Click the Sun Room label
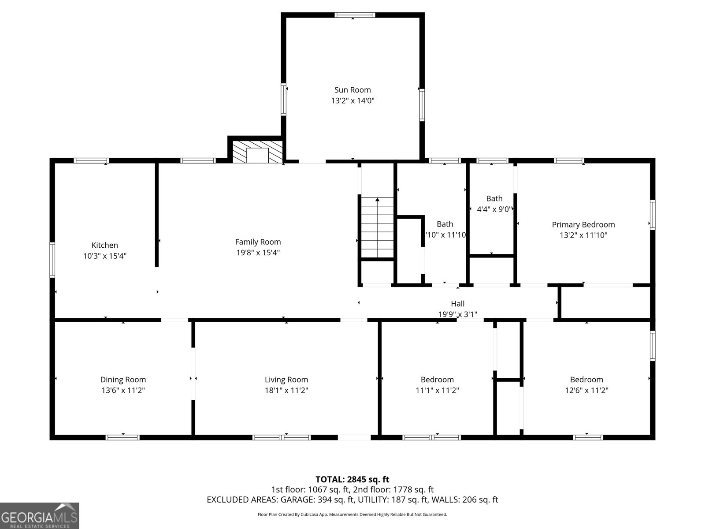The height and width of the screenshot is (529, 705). (352, 90)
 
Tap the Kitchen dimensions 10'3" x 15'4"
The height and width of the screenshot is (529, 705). (105, 256)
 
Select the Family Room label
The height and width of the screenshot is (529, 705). (258, 242)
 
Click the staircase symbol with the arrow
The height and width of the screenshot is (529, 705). (377, 227)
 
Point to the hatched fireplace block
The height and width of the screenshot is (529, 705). (258, 152)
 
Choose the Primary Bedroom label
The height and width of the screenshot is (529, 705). (583, 224)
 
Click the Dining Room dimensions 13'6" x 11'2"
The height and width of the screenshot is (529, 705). (123, 390)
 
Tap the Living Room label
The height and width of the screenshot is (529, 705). (286, 380)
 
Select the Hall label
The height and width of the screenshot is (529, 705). (457, 304)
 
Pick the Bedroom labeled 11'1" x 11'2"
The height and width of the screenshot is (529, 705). (437, 380)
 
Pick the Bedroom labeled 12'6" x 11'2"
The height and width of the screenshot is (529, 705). (586, 380)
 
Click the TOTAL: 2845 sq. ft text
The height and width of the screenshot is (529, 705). (352, 479)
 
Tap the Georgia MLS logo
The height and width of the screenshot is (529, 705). (40, 516)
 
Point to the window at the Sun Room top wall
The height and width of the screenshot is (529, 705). (355, 15)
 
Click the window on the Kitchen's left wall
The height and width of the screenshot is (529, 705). (52, 260)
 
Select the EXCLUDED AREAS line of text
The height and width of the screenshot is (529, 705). (352, 500)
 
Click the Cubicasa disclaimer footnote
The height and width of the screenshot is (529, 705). (352, 514)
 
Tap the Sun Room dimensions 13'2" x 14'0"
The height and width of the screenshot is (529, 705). (352, 101)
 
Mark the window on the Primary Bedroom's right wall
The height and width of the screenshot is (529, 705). (653, 215)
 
